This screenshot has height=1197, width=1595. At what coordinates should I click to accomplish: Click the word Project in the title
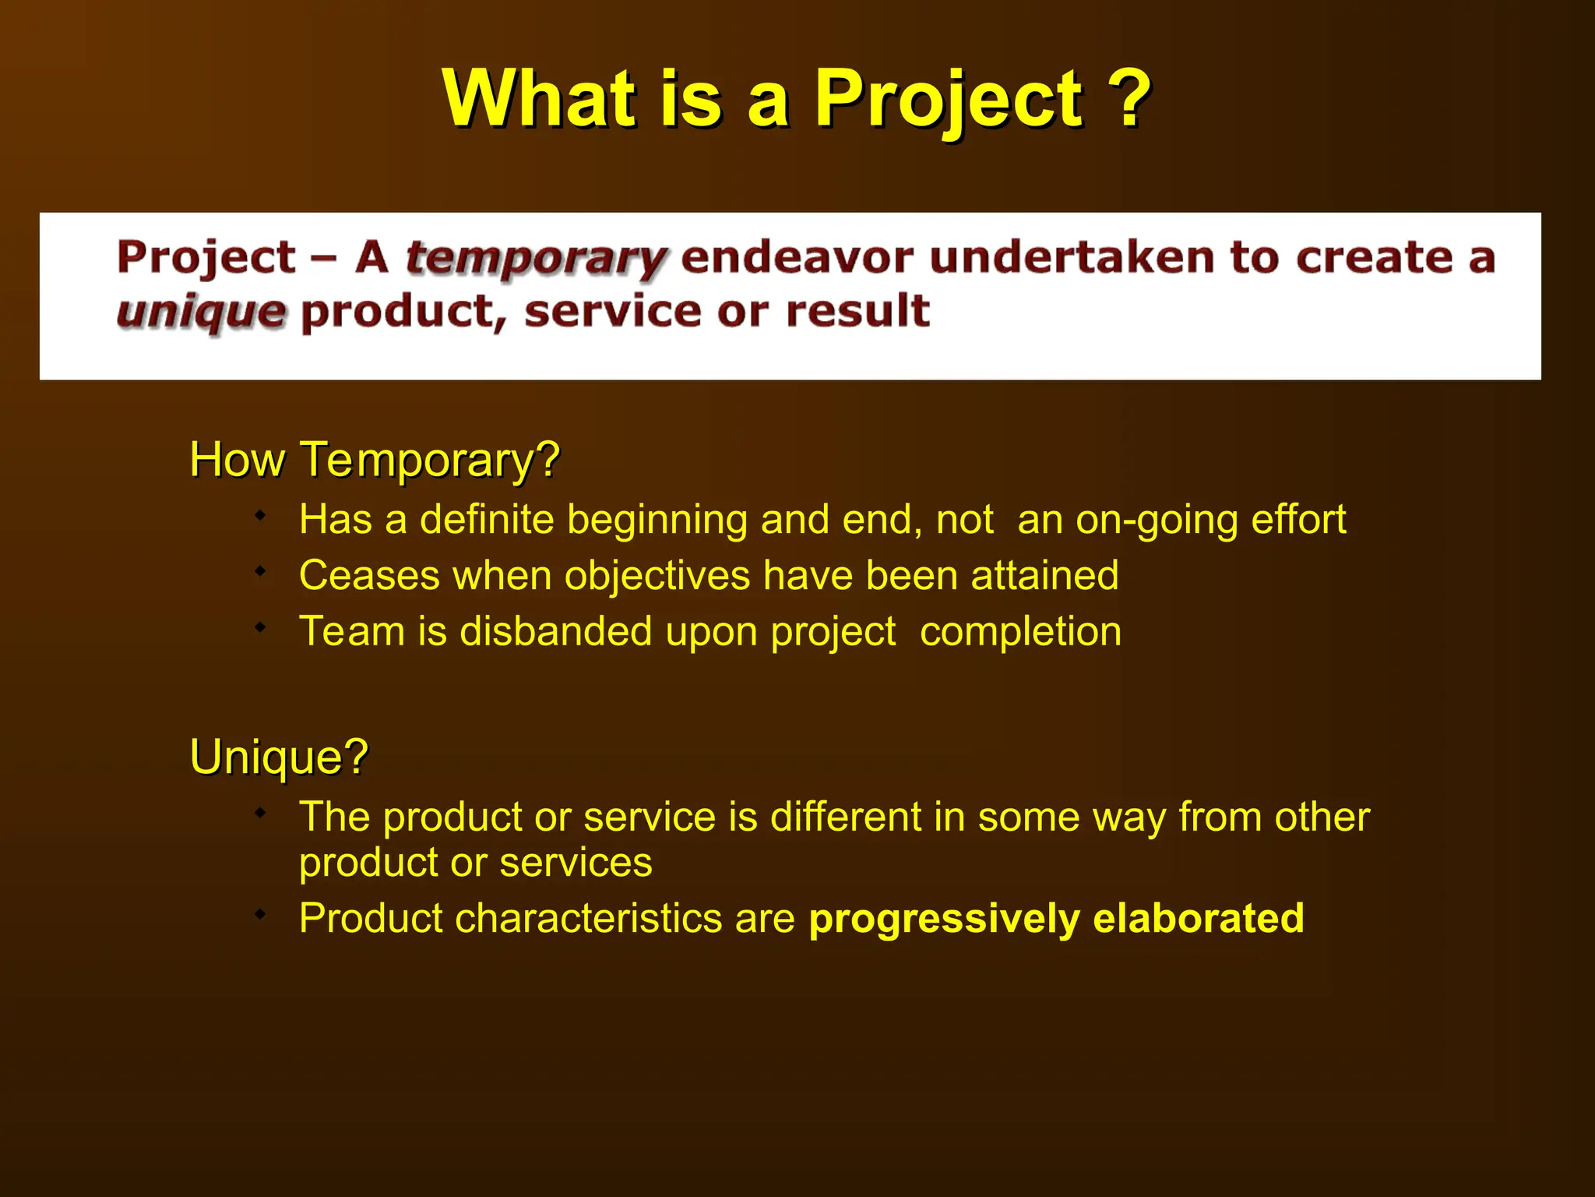[x=948, y=100]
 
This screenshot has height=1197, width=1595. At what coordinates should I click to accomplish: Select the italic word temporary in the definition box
[x=536, y=258]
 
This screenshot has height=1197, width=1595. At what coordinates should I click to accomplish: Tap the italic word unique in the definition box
[x=201, y=312]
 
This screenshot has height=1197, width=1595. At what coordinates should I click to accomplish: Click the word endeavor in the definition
[x=796, y=257]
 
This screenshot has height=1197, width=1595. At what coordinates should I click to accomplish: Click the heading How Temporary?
[x=375, y=459]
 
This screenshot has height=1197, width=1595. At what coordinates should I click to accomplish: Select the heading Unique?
[x=278, y=756]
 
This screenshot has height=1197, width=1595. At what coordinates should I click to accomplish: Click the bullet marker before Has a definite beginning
[x=261, y=515]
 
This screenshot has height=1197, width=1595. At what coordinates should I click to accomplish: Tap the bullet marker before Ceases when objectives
[x=261, y=571]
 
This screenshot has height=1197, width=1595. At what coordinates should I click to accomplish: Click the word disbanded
[x=555, y=631]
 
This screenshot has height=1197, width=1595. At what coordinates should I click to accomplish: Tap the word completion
[x=1020, y=631]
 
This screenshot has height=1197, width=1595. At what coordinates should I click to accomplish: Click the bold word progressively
[x=944, y=919]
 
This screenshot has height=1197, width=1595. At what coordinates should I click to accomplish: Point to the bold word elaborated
[x=1199, y=918]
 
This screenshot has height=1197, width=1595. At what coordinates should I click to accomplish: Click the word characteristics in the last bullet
[x=588, y=918]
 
